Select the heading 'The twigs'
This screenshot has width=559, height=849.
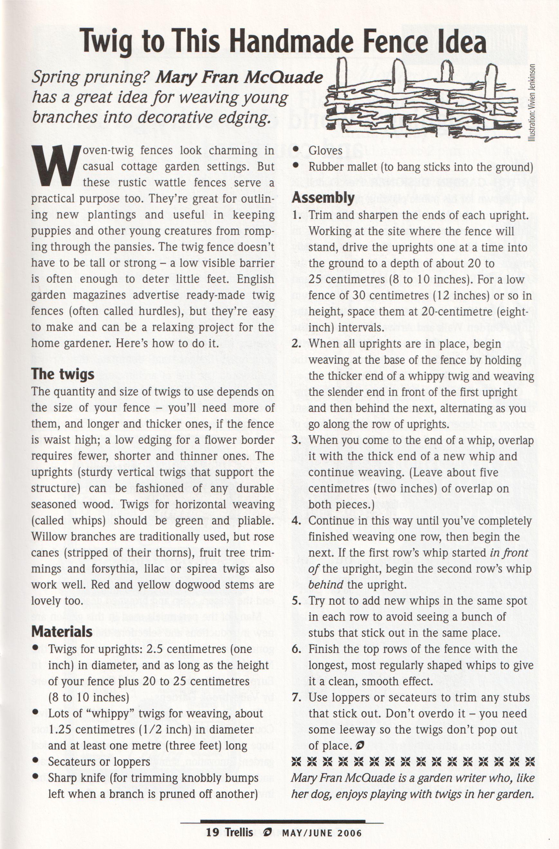63,374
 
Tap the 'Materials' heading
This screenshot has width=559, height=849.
62,632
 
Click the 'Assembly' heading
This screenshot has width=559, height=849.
323,197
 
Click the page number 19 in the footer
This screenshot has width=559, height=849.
213,833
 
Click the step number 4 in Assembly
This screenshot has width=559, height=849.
296,521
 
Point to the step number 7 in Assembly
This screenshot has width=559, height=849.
296,697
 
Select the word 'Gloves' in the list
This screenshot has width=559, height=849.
325,150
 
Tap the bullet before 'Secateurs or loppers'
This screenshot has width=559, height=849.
35,762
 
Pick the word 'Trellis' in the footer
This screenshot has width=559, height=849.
239,833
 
